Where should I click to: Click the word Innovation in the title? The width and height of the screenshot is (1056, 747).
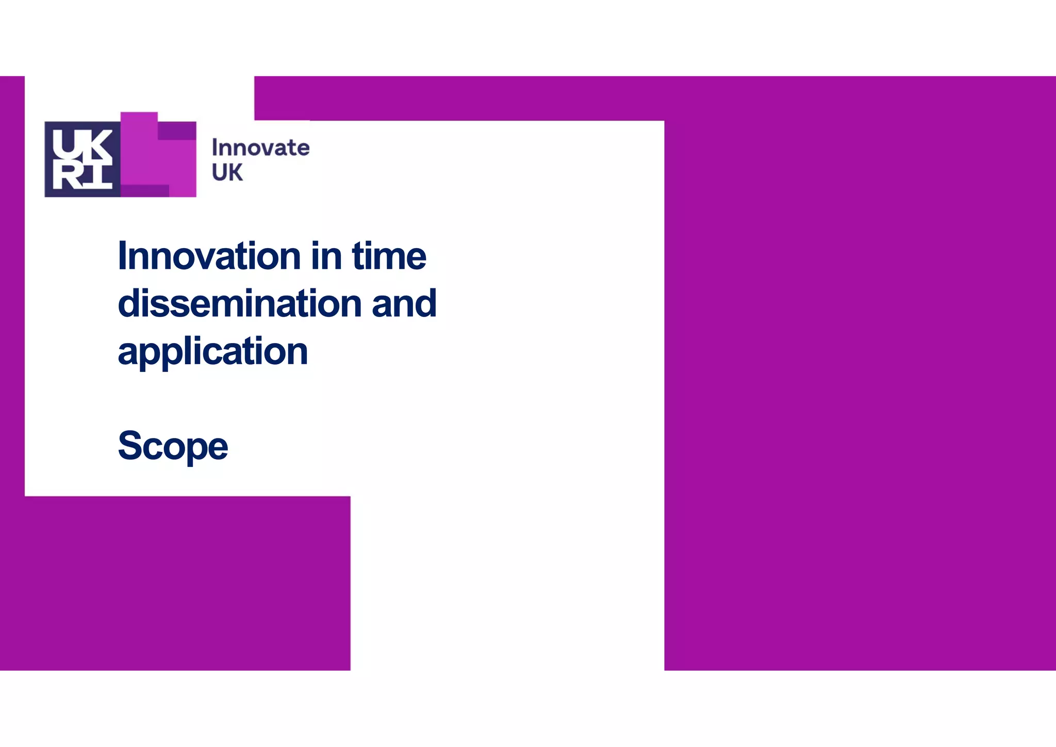point(209,256)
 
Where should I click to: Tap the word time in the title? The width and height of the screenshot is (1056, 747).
point(389,256)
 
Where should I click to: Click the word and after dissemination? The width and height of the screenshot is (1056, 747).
point(404,303)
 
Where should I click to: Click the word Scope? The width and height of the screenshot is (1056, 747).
point(173,446)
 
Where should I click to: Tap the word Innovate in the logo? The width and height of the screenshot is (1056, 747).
point(260,148)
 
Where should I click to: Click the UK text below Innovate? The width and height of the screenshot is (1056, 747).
point(227,173)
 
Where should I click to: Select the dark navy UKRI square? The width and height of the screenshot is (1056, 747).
point(82,159)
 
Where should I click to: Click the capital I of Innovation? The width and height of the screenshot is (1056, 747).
point(122,256)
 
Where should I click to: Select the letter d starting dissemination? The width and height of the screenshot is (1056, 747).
point(129,303)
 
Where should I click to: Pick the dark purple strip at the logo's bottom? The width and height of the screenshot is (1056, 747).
point(145,191)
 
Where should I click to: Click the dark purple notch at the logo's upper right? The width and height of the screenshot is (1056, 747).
point(177,131)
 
